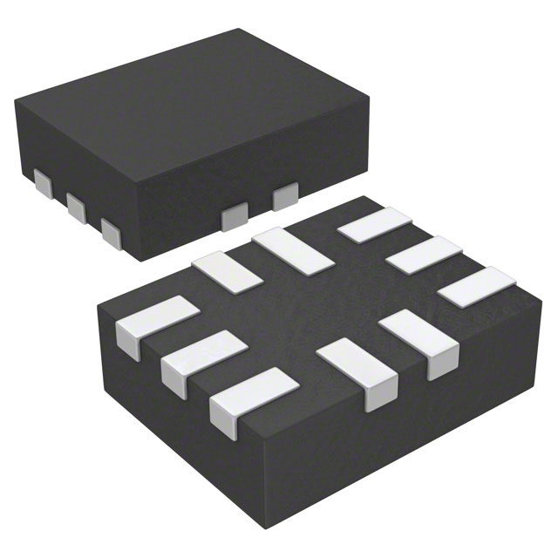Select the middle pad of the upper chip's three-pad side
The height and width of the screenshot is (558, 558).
75,206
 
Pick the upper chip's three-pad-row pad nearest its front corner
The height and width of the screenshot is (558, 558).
111,230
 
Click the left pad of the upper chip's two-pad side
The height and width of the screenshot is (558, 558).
235,217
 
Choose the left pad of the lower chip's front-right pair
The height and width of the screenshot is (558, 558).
357,367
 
